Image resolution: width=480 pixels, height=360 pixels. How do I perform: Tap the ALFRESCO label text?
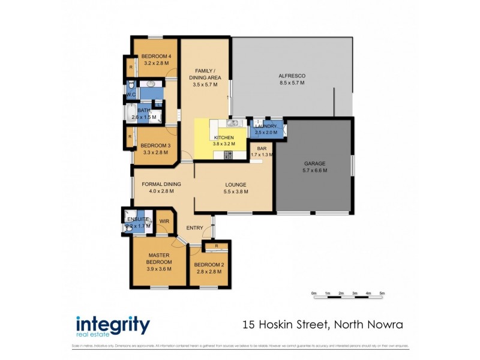tap(292, 76)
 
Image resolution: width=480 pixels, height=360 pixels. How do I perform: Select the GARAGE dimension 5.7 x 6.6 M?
tap(314, 170)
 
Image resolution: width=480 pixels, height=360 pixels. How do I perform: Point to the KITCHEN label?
tap(224, 137)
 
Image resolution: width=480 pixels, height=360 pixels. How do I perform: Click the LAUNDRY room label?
tap(266, 126)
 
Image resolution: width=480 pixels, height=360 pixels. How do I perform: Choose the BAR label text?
tap(262, 148)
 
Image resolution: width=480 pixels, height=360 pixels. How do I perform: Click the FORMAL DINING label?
tap(161, 184)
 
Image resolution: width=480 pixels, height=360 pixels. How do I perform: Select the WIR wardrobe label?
tap(164, 221)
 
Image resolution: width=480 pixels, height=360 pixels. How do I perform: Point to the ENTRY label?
tap(194, 227)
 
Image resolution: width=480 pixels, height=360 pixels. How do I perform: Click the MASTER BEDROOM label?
tap(160, 259)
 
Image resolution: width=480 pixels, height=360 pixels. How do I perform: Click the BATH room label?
tap(144, 110)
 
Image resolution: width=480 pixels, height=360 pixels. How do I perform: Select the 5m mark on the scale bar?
tap(382, 293)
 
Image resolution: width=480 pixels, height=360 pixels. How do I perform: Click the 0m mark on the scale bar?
tap(314, 293)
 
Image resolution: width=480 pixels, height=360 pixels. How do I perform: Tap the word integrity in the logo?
tap(113, 324)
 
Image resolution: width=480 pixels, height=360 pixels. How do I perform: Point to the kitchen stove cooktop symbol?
tap(228, 155)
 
